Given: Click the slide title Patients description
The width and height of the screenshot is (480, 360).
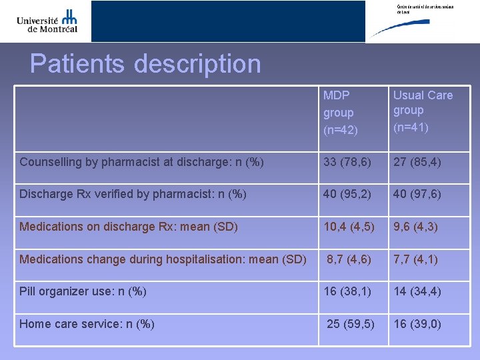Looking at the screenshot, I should point(145,64).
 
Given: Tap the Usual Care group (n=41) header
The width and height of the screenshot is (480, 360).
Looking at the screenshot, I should point(422,111).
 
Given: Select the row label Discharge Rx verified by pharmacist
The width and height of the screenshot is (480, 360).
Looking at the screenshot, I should point(133,194).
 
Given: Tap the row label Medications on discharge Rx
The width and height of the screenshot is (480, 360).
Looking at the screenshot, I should point(129,227).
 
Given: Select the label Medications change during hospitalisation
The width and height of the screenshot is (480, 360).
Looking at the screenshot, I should point(163,259).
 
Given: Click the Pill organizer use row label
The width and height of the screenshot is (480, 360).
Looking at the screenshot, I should point(83,291).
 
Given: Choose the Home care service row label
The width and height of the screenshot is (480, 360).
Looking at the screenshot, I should point(87,324).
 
